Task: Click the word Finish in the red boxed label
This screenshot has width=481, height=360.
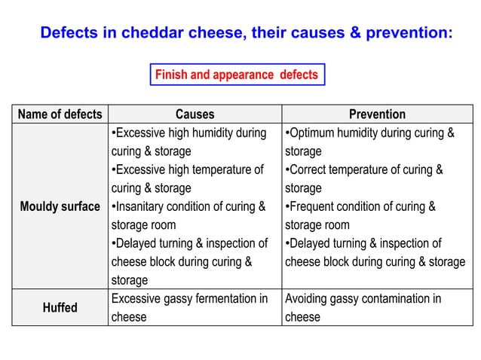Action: click(x=170, y=75)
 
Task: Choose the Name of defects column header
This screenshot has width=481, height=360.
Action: click(x=60, y=114)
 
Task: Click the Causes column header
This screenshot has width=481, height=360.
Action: click(x=195, y=114)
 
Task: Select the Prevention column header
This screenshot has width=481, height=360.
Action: click(x=377, y=114)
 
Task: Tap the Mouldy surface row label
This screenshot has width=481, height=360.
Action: click(x=60, y=206)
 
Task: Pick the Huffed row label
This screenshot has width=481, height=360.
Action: click(x=60, y=307)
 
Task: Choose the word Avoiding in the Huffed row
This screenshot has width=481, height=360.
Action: click(x=307, y=299)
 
